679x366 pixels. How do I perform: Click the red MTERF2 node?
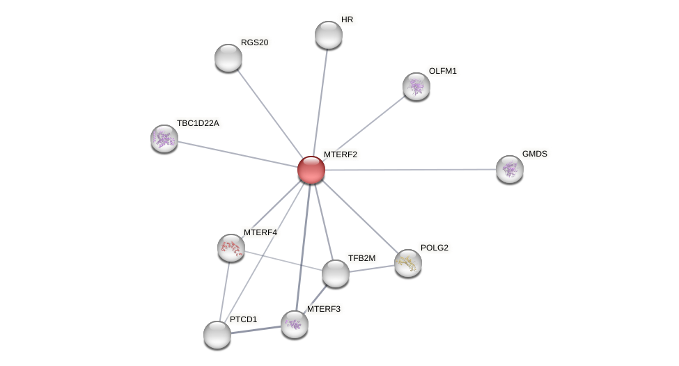coord(311,170)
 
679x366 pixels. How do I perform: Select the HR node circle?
coord(328,35)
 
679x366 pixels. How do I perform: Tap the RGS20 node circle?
coord(228,58)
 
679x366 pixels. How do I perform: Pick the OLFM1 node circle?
coord(416,86)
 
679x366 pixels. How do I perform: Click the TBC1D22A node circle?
coord(164,138)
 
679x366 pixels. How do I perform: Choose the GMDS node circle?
coord(509,169)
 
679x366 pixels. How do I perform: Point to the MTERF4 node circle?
coord(231,248)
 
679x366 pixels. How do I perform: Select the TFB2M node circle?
coord(335,273)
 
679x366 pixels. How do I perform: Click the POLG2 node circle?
coord(407,263)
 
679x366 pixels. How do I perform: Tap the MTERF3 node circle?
coord(294,324)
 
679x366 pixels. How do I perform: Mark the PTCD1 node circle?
coord(217,335)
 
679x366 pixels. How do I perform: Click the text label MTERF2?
coord(340,154)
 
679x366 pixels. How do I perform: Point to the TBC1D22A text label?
coord(197,123)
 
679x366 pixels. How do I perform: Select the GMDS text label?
coord(534,154)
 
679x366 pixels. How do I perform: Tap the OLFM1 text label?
coord(442,71)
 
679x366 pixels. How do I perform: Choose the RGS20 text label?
coord(254,42)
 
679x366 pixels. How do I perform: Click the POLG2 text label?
coord(434,248)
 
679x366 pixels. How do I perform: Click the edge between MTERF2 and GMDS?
coord(411,170)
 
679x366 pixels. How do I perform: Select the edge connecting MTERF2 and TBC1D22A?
coord(237,154)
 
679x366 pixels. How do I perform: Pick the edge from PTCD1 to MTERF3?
coord(256,330)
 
